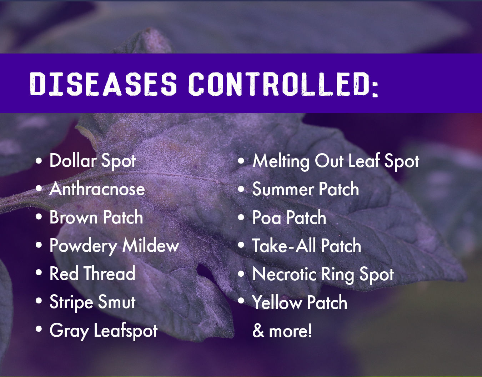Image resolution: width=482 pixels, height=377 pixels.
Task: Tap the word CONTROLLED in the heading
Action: click(278, 84)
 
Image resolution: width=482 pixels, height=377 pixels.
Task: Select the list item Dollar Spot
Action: click(92, 161)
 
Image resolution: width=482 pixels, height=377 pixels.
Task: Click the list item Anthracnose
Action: click(97, 189)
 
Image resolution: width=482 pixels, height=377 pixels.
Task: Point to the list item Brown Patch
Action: click(96, 217)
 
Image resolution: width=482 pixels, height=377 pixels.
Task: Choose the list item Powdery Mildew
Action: click(114, 246)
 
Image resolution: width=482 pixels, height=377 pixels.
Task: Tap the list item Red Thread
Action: click(92, 274)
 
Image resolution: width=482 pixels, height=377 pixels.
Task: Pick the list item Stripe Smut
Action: click(92, 302)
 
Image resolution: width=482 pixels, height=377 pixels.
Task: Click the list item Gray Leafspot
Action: click(103, 331)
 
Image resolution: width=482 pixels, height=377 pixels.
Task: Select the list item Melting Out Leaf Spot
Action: click(336, 161)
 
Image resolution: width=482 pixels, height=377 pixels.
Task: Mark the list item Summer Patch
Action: click(305, 189)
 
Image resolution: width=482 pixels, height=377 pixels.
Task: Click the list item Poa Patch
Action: click(289, 217)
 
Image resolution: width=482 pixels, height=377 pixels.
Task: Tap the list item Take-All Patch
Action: click(306, 246)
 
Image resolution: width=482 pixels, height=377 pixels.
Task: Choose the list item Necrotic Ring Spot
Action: click(323, 274)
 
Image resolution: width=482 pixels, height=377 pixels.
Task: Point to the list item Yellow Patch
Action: click(300, 302)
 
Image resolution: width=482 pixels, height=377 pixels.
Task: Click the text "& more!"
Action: click(282, 331)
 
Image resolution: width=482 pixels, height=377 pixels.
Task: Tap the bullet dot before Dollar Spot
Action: click(39, 161)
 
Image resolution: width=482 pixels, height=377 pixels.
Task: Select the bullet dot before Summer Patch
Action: click(241, 189)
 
